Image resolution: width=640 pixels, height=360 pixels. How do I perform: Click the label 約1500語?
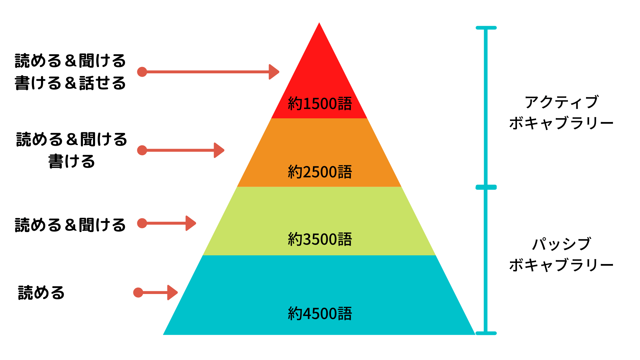pyautogui.click(x=320, y=104)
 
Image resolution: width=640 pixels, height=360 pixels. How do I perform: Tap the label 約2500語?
pyautogui.click(x=320, y=172)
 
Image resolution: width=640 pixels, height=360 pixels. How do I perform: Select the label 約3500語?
pyautogui.click(x=320, y=239)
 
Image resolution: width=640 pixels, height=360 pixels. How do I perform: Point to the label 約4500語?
pyautogui.click(x=320, y=314)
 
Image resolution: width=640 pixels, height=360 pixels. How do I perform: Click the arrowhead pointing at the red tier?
pyautogui.click(x=274, y=72)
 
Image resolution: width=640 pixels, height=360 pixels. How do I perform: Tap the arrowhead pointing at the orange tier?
pyautogui.click(x=219, y=150)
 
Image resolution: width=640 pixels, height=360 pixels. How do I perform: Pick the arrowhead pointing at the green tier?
pyautogui.click(x=191, y=223)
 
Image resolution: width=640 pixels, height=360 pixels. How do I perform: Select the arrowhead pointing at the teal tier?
pyautogui.click(x=172, y=293)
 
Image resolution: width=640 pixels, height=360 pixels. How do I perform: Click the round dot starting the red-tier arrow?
pyautogui.click(x=142, y=72)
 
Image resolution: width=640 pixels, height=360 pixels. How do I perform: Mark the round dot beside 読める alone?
pyautogui.click(x=138, y=293)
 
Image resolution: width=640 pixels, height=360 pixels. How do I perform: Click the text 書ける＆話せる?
pyautogui.click(x=70, y=83)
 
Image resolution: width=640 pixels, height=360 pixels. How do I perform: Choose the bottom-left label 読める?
pyautogui.click(x=41, y=293)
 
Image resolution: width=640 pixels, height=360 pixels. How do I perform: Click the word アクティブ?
pyautogui.click(x=562, y=102)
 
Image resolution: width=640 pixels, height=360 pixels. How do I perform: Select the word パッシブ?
pyautogui.click(x=562, y=244)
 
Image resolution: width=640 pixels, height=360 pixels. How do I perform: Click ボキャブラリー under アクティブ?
pyautogui.click(x=561, y=123)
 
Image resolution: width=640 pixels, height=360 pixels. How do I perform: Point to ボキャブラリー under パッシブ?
pyautogui.click(x=561, y=265)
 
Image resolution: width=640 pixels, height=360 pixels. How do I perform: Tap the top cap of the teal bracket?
pyautogui.click(x=486, y=28)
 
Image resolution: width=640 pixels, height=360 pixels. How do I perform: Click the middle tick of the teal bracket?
pyautogui.click(x=486, y=187)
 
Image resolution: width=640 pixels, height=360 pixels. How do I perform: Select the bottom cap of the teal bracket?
pyautogui.click(x=486, y=333)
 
